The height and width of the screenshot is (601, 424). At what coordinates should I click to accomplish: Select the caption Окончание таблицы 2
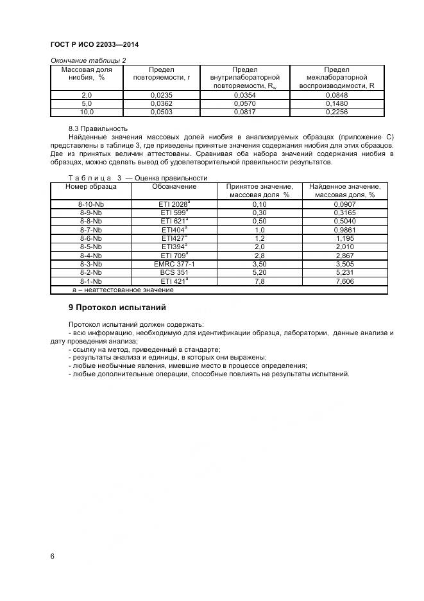(x=88, y=60)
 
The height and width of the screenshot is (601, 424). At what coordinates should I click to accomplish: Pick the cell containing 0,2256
(x=336, y=112)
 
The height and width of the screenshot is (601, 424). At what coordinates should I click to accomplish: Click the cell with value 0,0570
(x=244, y=103)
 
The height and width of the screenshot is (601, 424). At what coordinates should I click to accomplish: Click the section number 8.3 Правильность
(x=98, y=128)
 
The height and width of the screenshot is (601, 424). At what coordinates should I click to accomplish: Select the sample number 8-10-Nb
(x=90, y=204)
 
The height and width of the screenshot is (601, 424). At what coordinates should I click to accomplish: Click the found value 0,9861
(x=344, y=230)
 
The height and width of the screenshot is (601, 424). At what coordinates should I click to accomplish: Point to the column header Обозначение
(x=174, y=187)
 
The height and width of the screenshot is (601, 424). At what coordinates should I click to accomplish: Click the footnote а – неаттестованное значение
(x=123, y=290)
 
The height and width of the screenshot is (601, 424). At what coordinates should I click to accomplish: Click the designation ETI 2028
(x=174, y=204)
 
